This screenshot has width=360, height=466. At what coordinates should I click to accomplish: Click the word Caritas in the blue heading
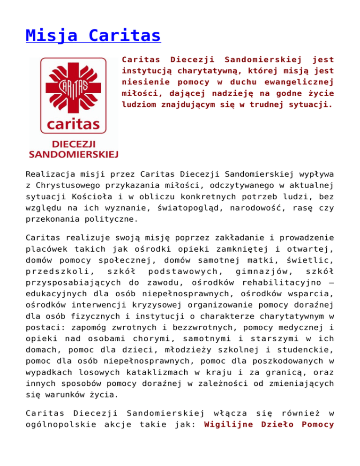click(x=126, y=35)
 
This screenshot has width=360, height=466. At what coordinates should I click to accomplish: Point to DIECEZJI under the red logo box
click(x=74, y=144)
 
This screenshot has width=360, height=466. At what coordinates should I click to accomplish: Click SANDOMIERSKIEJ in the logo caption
click(x=74, y=153)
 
